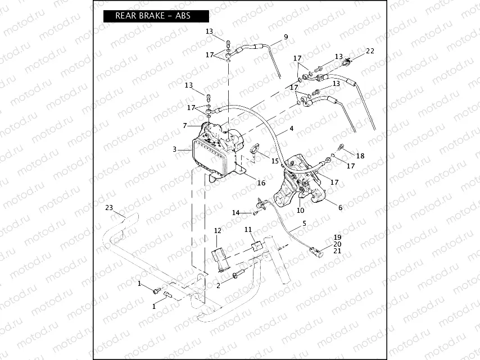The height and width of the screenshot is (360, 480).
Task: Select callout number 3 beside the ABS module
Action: point(175,150)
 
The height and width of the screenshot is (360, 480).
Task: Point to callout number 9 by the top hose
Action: point(286,37)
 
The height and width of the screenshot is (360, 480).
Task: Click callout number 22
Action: point(369,51)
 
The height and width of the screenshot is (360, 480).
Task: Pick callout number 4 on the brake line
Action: point(291,129)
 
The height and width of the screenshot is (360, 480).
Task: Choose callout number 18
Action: point(360,156)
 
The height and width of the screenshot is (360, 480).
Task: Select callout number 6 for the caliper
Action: point(339,207)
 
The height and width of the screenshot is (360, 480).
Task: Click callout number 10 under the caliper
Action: point(300,211)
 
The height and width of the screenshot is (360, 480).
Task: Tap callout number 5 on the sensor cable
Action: point(304,224)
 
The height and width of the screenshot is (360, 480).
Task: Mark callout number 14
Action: point(236,212)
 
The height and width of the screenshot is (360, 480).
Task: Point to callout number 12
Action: point(218,231)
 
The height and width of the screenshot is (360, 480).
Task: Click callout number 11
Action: point(248,230)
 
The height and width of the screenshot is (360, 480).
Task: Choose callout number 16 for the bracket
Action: point(261,183)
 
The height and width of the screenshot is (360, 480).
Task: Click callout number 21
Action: point(337,251)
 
